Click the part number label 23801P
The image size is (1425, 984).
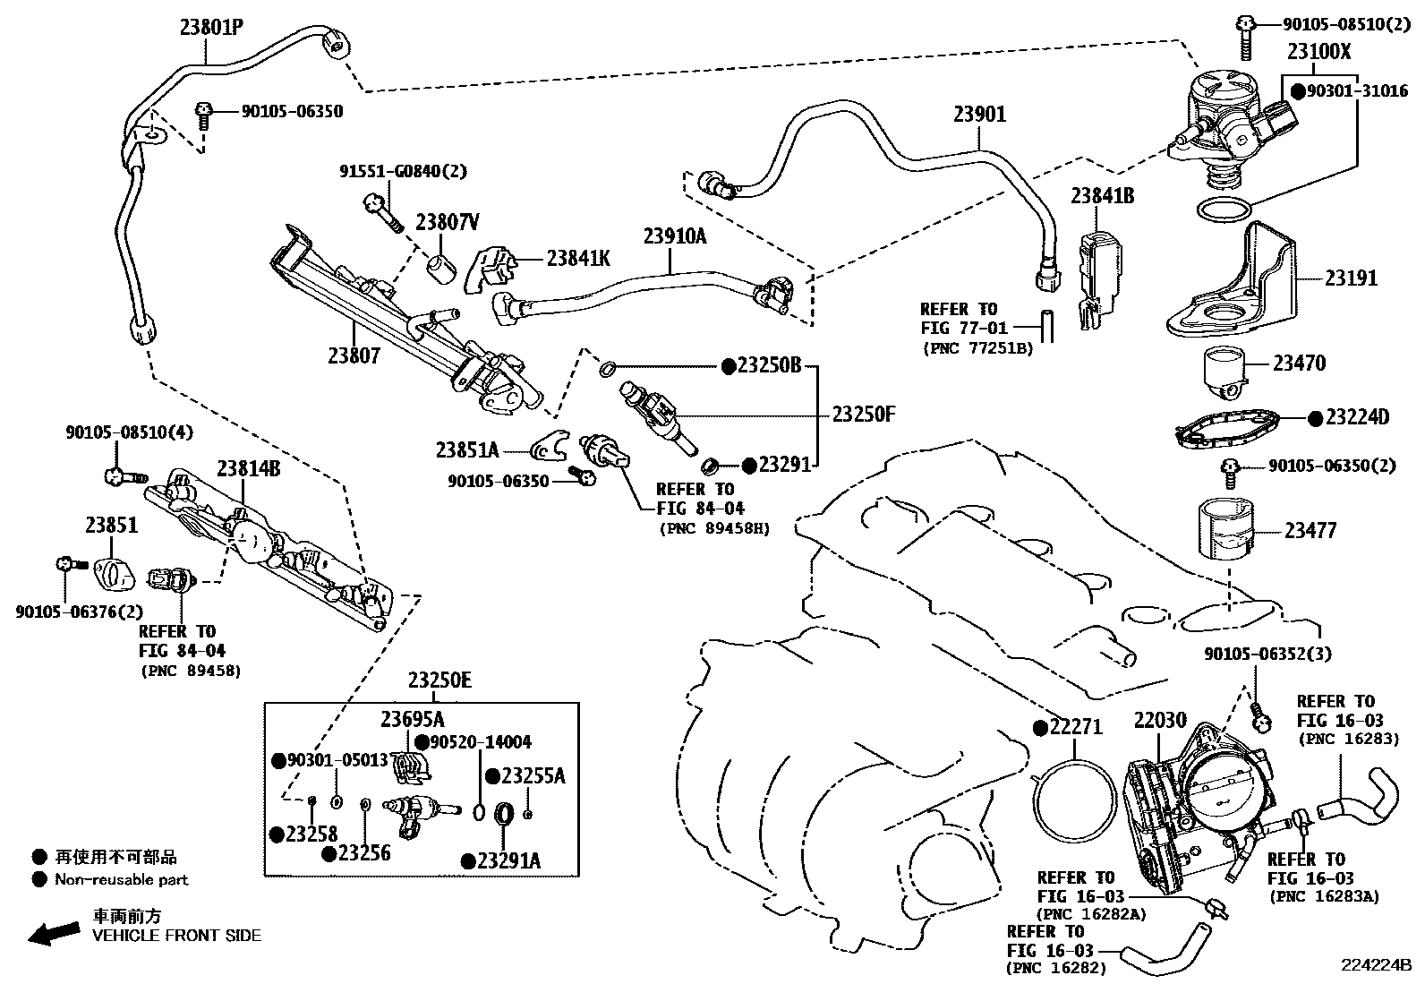(212, 29)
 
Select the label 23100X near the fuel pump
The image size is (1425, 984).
(1318, 52)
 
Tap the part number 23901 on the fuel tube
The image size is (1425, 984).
(978, 115)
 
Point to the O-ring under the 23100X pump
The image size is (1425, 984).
(1224, 210)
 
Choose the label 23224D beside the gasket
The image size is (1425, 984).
(1356, 417)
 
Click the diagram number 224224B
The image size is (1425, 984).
(1375, 965)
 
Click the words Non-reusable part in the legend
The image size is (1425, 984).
(122, 879)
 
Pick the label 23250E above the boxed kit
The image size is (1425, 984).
(439, 680)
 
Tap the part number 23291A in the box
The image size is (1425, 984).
(508, 860)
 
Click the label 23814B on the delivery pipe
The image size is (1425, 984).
(248, 468)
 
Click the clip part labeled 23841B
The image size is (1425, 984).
(1097, 269)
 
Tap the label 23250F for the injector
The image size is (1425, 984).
(863, 414)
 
